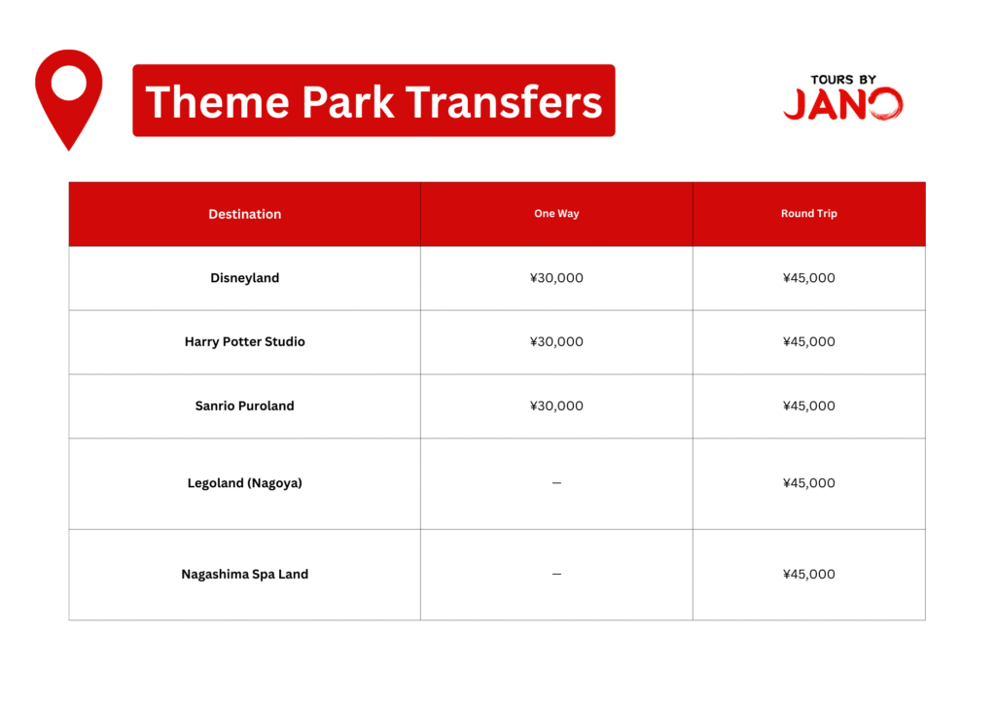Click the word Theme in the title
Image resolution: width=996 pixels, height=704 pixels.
[x=217, y=102]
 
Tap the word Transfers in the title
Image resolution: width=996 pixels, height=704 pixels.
[x=504, y=102]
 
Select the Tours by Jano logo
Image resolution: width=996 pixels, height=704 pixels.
[x=843, y=98]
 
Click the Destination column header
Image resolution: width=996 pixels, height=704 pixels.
[x=244, y=214]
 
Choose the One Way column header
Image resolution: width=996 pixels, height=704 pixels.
[x=556, y=213]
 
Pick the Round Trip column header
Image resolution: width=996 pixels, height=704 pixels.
[x=808, y=213]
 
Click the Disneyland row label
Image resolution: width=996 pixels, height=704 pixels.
[x=244, y=278]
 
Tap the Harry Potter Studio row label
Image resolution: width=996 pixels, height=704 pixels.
[x=244, y=341]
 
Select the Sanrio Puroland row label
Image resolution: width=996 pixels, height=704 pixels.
[x=244, y=405]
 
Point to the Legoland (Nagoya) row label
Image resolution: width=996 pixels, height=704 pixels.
[x=244, y=483]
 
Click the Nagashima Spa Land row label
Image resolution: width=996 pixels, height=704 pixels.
[x=244, y=574]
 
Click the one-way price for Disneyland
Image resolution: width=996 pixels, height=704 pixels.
[x=556, y=278]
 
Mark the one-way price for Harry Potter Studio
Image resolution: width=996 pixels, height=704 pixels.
[x=556, y=341]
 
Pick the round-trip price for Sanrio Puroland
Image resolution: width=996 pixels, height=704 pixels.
[x=808, y=405]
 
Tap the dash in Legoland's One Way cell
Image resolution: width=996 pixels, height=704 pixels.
[x=556, y=483]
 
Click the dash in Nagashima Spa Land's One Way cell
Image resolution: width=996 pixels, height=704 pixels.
[x=556, y=574]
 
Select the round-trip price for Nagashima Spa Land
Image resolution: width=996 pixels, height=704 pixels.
[x=808, y=574]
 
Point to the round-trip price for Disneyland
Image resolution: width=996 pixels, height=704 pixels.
[x=808, y=278]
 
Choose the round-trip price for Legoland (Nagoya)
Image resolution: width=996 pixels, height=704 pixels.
[x=808, y=483]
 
